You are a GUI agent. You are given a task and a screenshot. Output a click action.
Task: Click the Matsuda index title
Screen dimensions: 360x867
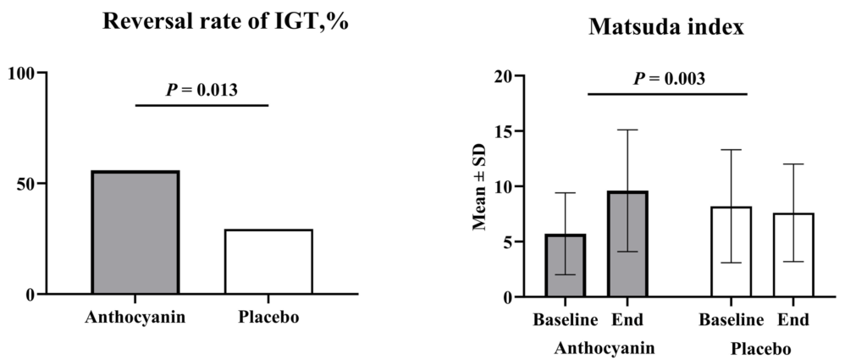pyautogui.click(x=665, y=29)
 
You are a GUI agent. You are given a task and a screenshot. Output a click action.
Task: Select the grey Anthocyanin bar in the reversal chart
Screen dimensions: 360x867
pyautogui.click(x=135, y=233)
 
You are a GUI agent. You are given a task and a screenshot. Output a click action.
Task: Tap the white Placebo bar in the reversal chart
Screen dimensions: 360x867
pyautogui.click(x=268, y=262)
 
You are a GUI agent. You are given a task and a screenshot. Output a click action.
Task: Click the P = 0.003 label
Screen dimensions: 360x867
pyautogui.click(x=669, y=79)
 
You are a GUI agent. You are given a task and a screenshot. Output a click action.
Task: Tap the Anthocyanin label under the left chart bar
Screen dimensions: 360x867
pyautogui.click(x=135, y=318)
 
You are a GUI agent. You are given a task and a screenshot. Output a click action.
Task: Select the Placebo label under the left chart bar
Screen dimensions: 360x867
pyautogui.click(x=268, y=318)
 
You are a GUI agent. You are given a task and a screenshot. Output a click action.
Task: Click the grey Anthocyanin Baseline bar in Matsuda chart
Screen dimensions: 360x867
pyautogui.click(x=565, y=266)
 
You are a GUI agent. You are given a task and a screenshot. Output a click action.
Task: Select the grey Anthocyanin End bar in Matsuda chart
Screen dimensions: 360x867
pyautogui.click(x=627, y=246)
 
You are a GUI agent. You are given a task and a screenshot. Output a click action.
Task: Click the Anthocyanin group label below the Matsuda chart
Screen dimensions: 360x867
pyautogui.click(x=605, y=348)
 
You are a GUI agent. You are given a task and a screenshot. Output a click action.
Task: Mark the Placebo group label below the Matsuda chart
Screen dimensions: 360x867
pyautogui.click(x=760, y=348)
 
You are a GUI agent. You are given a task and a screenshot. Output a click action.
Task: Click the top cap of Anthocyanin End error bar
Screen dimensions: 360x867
pyautogui.click(x=627, y=130)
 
